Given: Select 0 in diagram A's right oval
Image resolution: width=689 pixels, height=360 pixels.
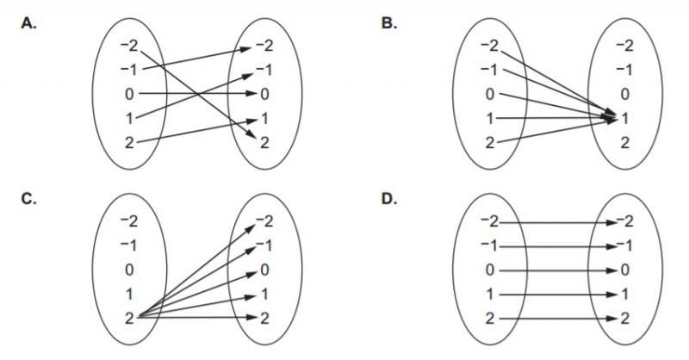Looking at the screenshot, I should [x=266, y=92].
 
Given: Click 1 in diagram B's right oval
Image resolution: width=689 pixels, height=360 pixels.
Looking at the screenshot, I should [x=625, y=117].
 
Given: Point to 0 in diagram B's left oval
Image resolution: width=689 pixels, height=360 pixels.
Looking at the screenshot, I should [x=490, y=93].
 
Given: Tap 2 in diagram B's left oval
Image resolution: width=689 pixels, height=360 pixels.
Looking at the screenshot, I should [x=490, y=141].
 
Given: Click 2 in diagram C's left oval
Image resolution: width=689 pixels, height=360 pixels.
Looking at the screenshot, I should [x=128, y=317].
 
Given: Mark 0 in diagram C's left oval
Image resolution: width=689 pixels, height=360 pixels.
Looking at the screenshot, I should [x=128, y=270].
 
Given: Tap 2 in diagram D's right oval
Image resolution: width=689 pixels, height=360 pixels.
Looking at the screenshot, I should [x=625, y=318].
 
